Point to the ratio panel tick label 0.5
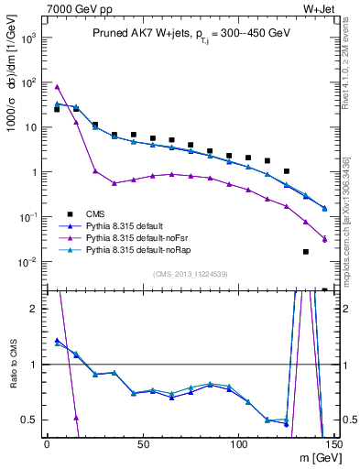(x=29, y=420)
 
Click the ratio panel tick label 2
(x=34, y=309)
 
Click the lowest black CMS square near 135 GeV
(x=306, y=252)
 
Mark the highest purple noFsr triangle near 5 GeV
(x=57, y=87)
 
